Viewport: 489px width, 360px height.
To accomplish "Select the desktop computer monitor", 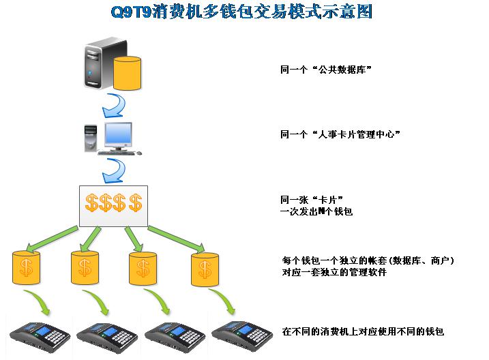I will (x=117, y=135).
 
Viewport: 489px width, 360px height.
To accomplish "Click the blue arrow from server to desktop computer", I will (x=114, y=106).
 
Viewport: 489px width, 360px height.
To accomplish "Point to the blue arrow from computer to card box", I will (x=114, y=169).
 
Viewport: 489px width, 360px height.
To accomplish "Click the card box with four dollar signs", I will (x=114, y=205).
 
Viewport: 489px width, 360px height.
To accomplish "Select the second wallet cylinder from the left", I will (x=85, y=268).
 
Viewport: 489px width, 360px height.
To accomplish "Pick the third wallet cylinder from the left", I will (x=143, y=268).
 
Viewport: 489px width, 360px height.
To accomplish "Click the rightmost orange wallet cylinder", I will (x=204, y=268).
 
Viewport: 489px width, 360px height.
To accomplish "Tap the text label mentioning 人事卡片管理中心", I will (x=340, y=134).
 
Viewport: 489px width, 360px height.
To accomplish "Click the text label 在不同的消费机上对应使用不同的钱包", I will (x=363, y=332).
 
